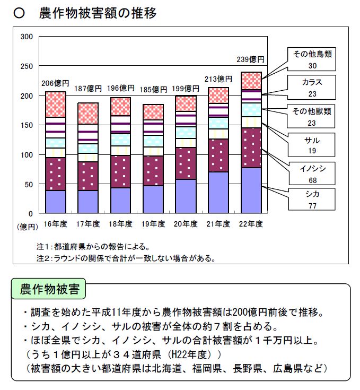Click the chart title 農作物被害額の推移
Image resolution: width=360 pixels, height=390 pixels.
98,14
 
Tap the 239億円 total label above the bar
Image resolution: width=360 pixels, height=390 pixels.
252,59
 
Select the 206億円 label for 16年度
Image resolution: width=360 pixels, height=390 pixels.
55,83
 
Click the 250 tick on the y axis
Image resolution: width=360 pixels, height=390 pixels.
27,66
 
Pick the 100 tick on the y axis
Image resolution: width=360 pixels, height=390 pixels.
27,155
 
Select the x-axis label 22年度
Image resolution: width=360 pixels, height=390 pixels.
251,224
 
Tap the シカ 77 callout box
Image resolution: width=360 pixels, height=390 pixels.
312,199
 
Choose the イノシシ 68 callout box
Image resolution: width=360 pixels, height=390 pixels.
312,173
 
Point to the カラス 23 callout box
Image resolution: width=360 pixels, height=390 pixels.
312,87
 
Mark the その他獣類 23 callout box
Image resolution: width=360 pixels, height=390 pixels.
312,117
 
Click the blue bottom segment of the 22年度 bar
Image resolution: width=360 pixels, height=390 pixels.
251,190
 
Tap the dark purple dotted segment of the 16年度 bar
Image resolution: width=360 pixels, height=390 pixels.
56,174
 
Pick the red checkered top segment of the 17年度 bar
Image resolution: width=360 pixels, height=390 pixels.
88,113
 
